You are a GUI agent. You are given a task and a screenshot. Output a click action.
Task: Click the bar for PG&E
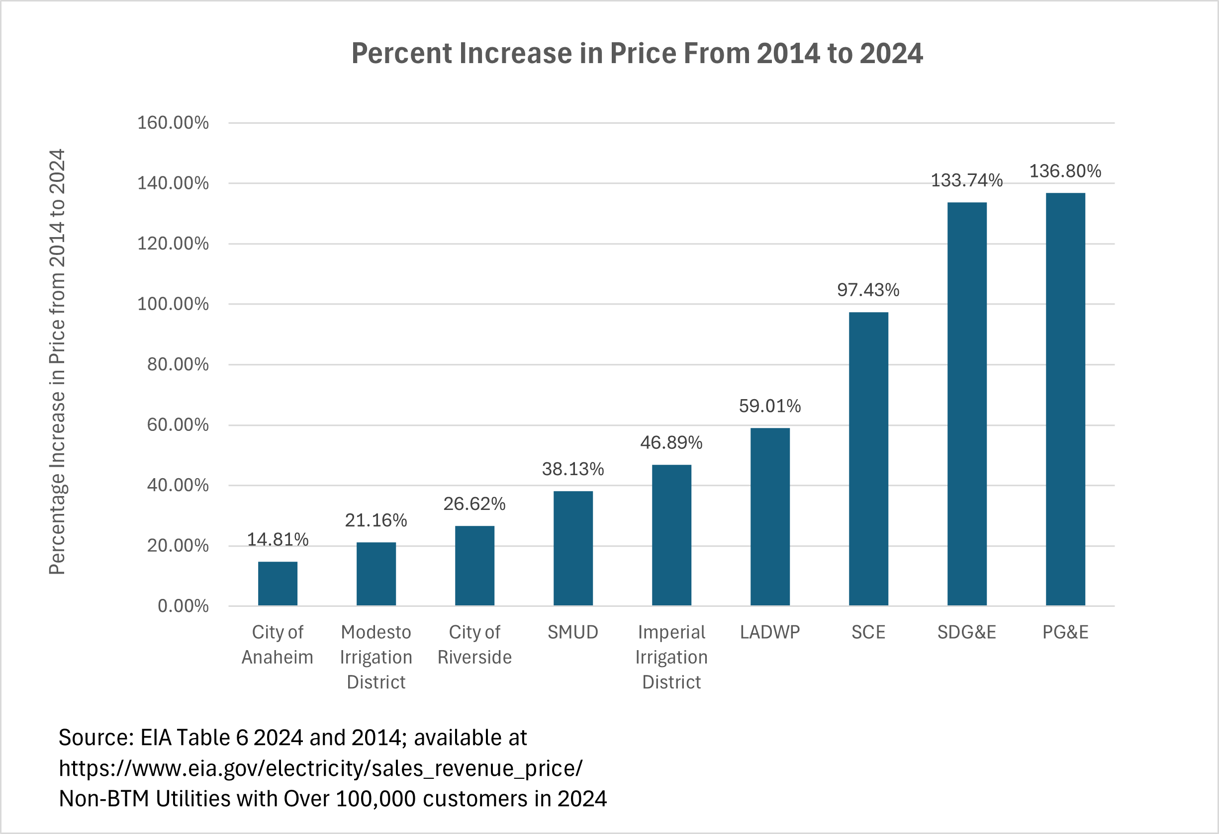[1065, 400]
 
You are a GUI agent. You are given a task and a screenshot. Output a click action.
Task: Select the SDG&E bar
[967, 404]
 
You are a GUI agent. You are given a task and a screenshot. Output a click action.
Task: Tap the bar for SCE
[868, 459]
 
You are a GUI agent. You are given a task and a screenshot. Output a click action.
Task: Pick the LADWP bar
[770, 517]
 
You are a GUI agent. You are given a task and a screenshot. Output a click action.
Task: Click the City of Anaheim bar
[278, 584]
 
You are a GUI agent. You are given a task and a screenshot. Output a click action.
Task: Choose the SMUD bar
[573, 548]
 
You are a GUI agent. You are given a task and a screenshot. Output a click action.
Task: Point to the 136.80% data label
[1065, 171]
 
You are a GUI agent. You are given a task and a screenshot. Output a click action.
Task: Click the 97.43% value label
[868, 290]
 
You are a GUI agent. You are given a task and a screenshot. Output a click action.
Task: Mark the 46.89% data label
[671, 442]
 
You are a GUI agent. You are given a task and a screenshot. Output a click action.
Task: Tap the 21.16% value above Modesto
[375, 520]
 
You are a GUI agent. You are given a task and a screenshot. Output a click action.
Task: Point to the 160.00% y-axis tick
[173, 123]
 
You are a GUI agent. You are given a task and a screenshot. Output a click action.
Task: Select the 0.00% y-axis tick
[183, 606]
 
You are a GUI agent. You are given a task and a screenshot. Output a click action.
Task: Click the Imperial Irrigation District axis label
[671, 657]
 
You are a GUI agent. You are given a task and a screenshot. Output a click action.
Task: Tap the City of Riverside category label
[474, 644]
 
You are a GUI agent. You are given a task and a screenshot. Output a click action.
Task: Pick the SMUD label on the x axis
[573, 632]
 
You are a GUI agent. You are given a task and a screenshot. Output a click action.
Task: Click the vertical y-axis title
[57, 362]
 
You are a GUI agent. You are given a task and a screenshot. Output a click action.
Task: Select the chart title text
[637, 54]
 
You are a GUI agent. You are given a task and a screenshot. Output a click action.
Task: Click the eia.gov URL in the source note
[320, 768]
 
